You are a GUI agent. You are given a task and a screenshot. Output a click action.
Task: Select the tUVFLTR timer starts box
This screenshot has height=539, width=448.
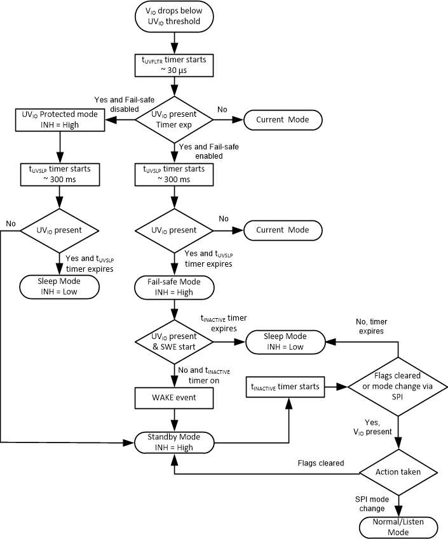[174, 65]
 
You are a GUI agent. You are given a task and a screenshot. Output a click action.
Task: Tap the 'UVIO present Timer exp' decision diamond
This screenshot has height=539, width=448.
[174, 119]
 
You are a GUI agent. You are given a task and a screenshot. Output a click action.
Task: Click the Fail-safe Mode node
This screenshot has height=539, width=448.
[174, 287]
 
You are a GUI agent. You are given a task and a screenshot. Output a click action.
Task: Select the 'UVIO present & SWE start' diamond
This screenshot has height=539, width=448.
[174, 342]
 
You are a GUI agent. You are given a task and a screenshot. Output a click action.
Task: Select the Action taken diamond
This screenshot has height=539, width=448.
[398, 472]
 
